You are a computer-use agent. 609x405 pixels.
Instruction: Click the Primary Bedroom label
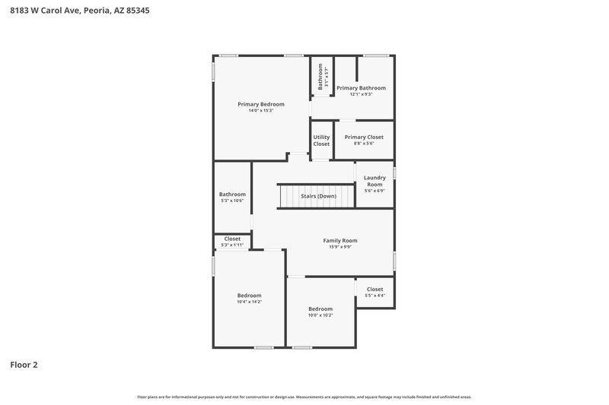260,104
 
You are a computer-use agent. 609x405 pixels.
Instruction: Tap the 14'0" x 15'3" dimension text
260,111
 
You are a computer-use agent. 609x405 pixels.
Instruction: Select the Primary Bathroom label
361,88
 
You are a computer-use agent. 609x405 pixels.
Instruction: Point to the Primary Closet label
364,137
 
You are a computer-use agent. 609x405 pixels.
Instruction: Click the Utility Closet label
321,141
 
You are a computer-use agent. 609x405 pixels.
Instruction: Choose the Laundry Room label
375,181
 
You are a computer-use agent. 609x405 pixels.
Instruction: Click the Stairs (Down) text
318,196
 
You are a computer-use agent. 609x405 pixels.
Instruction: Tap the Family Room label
340,240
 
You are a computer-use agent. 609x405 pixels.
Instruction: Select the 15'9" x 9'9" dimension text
340,247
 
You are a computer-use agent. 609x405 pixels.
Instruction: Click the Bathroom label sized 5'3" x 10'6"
232,194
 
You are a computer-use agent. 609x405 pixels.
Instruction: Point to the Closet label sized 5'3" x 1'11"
232,239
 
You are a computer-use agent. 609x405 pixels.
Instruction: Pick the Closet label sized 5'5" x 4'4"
375,289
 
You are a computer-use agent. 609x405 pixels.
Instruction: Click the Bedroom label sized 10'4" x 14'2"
249,295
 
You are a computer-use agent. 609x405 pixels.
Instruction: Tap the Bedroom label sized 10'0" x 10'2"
320,308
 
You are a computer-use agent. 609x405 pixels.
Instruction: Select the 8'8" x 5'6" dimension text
364,144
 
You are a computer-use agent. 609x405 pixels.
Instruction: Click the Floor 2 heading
24,365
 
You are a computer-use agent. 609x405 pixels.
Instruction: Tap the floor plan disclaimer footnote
304,397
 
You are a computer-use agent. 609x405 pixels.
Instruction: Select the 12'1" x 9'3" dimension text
361,95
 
